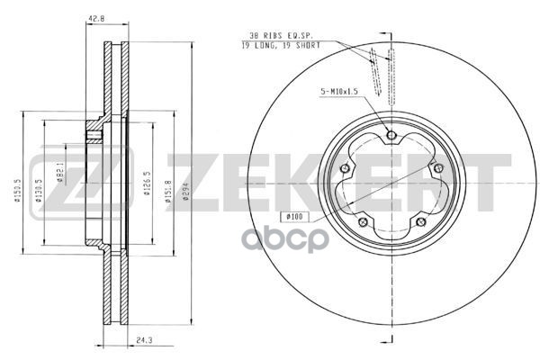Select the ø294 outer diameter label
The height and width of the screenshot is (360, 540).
185,191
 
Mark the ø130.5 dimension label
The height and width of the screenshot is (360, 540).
38,191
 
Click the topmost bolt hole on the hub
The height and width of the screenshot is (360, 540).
390,135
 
